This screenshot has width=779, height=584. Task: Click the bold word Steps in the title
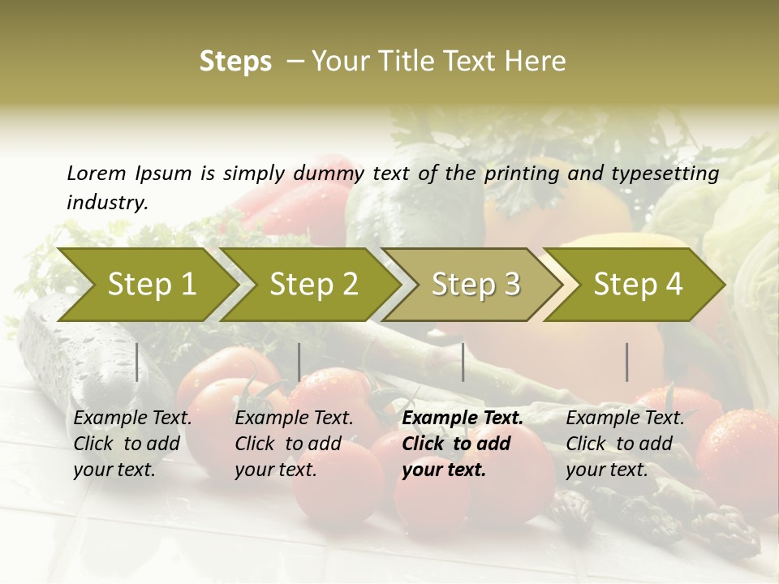235,62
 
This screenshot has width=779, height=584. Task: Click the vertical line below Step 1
137,362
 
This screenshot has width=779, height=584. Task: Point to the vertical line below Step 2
299,362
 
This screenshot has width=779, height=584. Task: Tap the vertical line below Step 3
463,362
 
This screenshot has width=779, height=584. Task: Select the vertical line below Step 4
627,362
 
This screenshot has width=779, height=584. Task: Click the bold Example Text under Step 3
463,419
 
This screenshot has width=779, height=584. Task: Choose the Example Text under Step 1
132,419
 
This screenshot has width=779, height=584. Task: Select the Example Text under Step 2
294,419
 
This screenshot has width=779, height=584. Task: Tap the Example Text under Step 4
625,419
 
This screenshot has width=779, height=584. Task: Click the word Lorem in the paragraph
97,173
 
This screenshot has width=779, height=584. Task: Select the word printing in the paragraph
522,174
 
